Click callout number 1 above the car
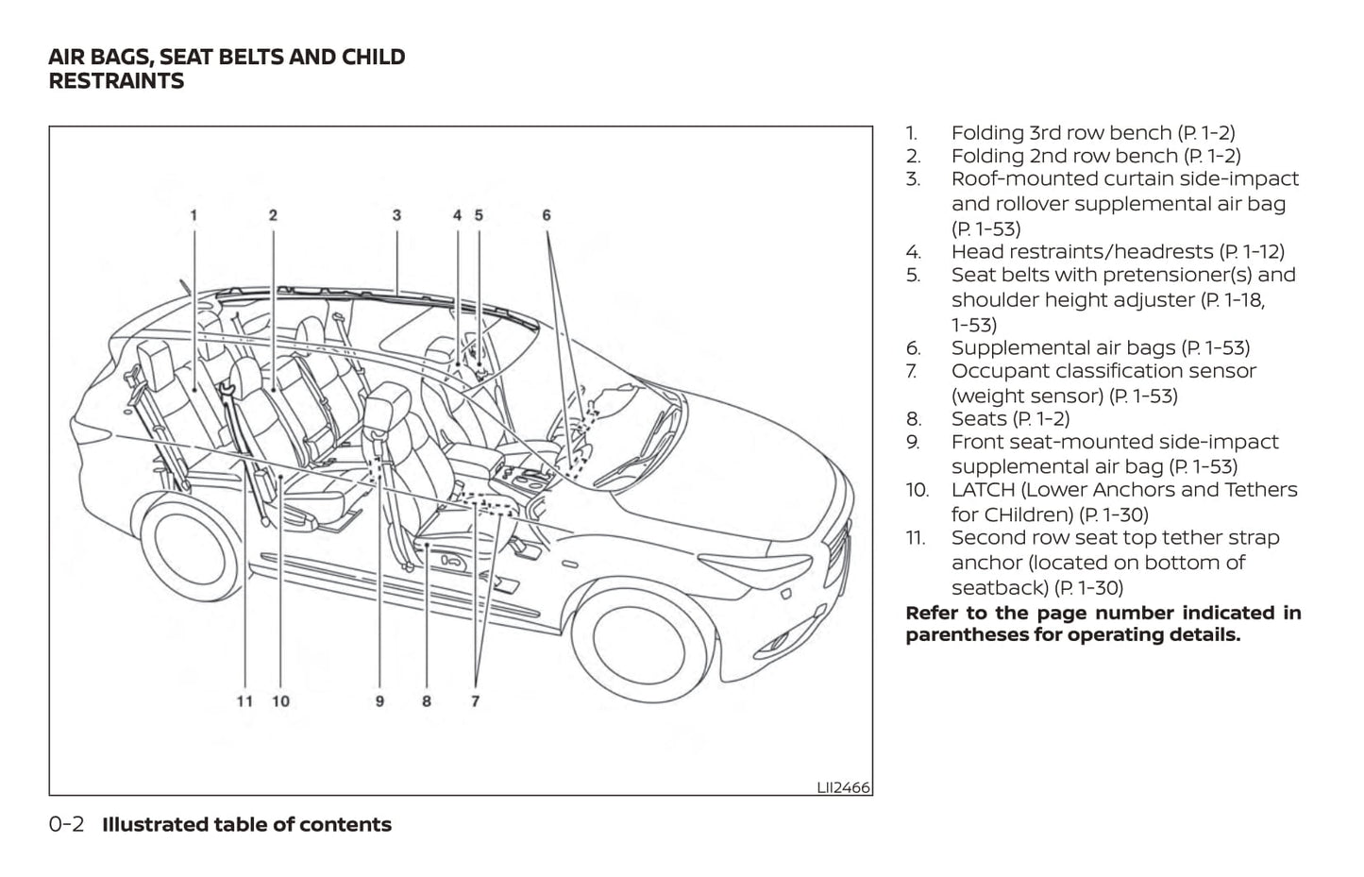[194, 215]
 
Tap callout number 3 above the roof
[396, 215]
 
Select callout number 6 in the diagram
[547, 215]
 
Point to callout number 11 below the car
[244, 701]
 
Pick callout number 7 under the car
[475, 701]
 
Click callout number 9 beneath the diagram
[379, 701]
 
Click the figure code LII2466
[843, 787]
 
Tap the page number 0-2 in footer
[66, 824]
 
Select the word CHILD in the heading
[374, 57]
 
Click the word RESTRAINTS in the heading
[116, 81]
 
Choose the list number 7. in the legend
[913, 371]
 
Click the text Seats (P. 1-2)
[1010, 418]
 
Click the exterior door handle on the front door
[569, 565]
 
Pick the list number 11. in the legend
[915, 537]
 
